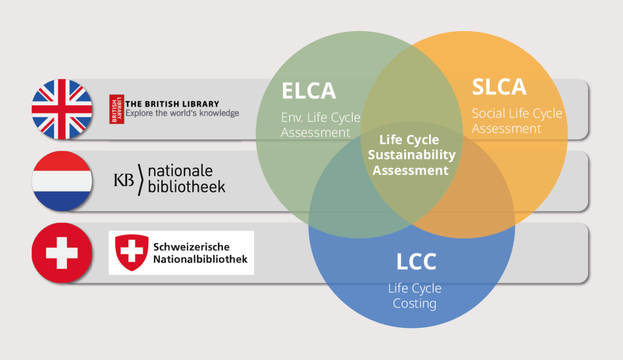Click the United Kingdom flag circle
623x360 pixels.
tap(62, 109)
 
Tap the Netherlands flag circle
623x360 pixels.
tap(62, 181)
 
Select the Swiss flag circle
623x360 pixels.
tap(62, 253)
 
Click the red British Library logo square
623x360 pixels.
tap(117, 109)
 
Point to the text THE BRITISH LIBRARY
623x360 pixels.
tap(172, 104)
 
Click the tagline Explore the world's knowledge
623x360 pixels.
tap(182, 113)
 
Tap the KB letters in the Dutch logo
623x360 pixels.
tap(124, 180)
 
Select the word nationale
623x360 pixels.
tap(180, 171)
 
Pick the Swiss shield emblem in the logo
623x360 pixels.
tap(132, 252)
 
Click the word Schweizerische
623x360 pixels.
tap(191, 247)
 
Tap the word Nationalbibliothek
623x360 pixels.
tap(200, 259)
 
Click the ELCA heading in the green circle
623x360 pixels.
tap(309, 91)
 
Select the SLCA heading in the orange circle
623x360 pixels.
tap(499, 87)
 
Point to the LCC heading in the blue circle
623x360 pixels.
tap(416, 262)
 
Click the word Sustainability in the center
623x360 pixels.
tap(412, 155)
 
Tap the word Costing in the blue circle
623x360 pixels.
tap(414, 303)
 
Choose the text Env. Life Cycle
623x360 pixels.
tap(321, 117)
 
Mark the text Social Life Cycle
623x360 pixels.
tap(517, 113)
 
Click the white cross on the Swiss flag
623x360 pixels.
tap(62, 253)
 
